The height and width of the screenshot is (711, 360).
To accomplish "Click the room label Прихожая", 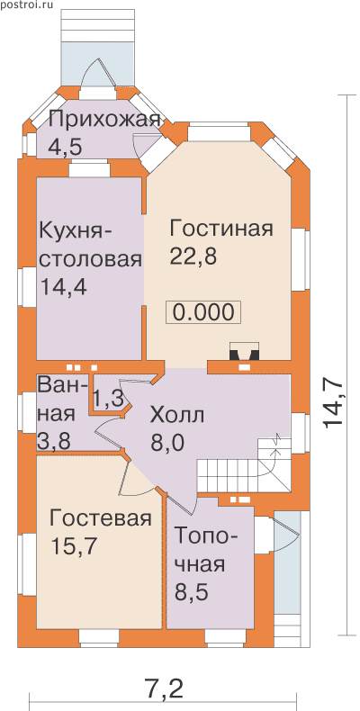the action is [104, 121].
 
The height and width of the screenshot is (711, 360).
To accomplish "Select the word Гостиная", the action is [221, 229].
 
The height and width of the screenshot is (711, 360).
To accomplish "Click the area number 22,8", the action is [193, 256].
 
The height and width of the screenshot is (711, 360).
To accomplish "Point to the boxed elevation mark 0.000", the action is [203, 312].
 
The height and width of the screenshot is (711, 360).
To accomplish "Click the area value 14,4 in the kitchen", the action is [64, 286].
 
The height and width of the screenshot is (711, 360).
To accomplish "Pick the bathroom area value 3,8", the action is [54, 441].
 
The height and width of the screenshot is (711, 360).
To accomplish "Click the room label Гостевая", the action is [100, 518].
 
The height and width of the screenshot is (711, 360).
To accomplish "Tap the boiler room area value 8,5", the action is [192, 592].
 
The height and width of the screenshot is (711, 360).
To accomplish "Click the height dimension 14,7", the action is [334, 403].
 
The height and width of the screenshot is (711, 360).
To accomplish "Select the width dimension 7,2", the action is [163, 679].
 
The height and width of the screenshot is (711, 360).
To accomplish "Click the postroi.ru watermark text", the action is [26, 5].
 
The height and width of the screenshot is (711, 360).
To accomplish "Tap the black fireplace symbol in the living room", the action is [245, 351].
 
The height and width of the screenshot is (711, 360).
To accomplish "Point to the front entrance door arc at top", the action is [98, 73].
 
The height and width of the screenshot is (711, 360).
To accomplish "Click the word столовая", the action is [91, 260].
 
